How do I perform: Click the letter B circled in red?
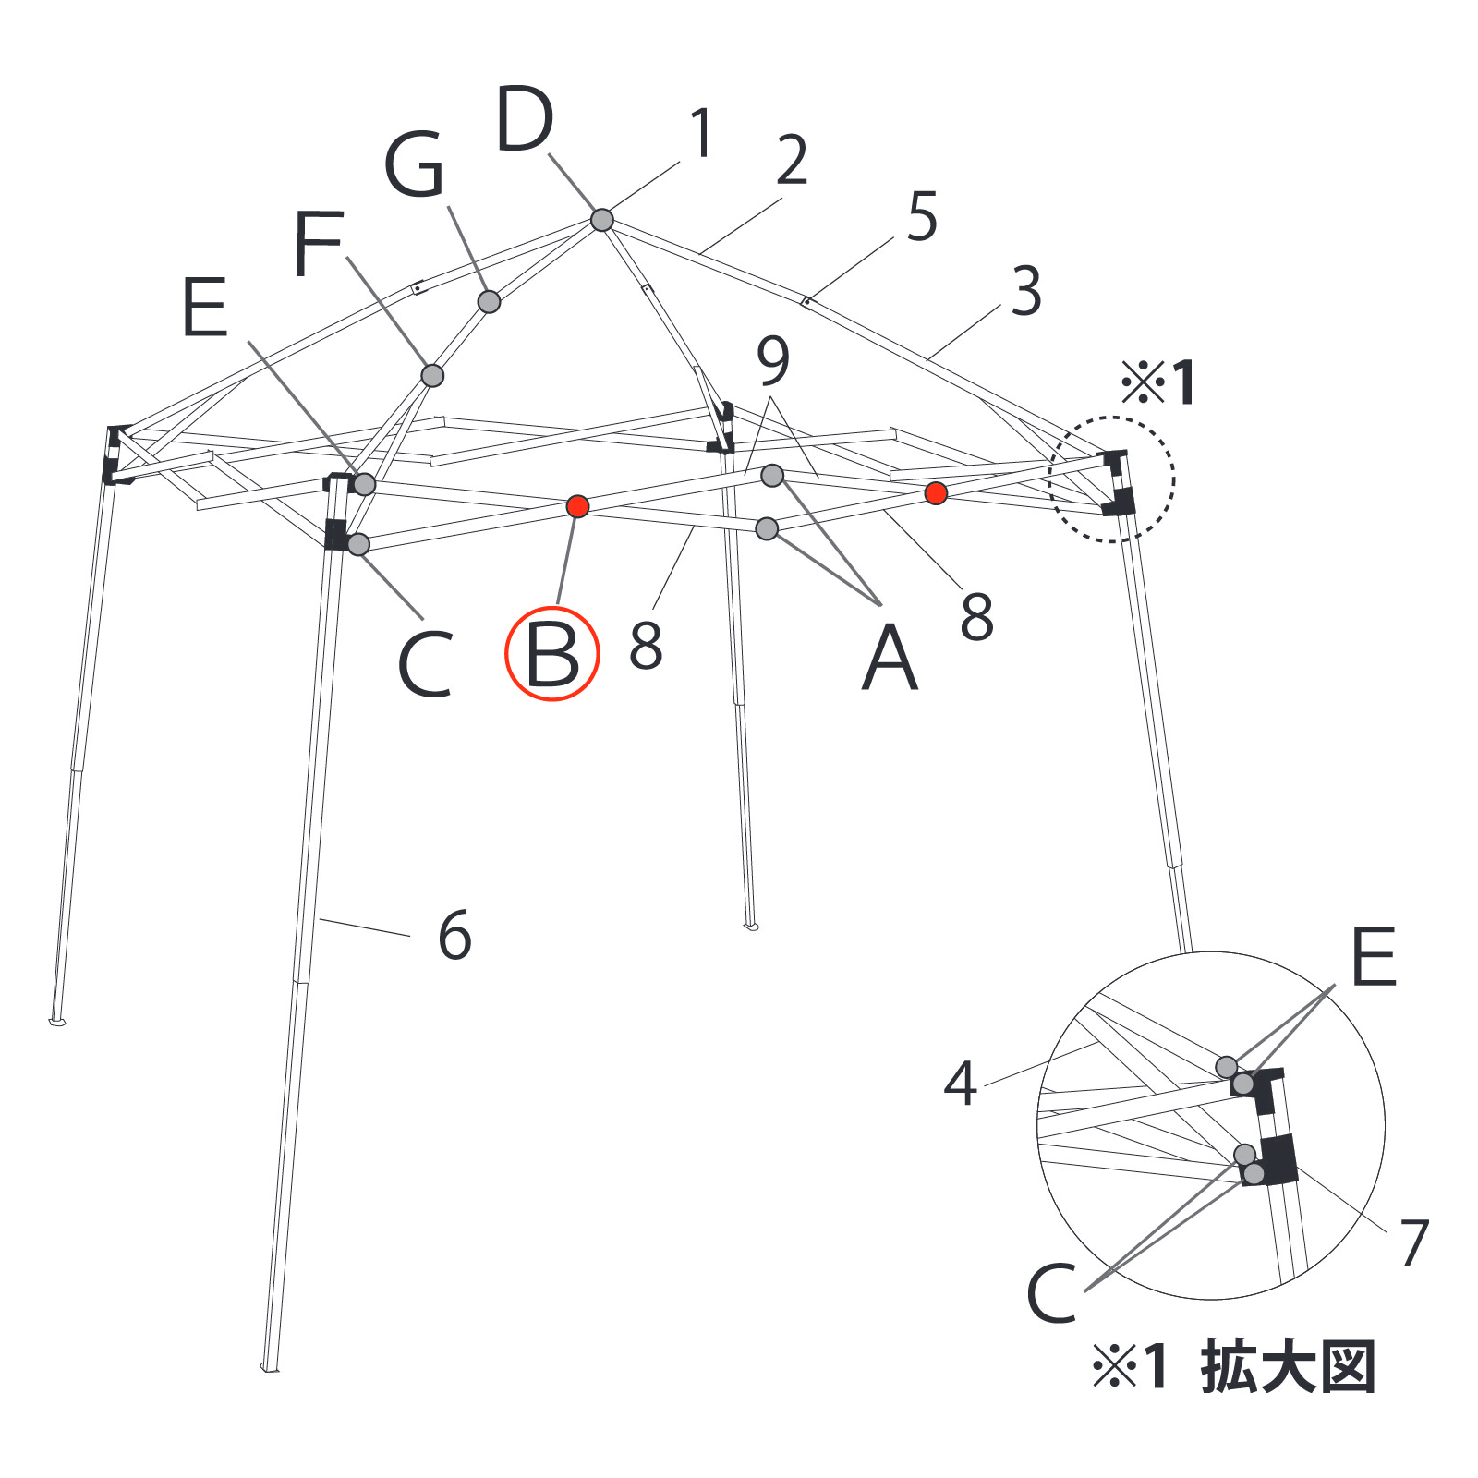552,654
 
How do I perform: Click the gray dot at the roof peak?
601,220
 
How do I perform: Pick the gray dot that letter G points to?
489,301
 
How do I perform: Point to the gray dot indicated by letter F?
432,375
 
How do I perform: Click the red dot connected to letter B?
577,506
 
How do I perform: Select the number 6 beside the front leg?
455,935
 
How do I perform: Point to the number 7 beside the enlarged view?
1414,1242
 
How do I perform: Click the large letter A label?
890,658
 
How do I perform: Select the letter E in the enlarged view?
1374,957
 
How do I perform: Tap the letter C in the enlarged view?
1052,1293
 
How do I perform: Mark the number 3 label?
1026,291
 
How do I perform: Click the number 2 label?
792,160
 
